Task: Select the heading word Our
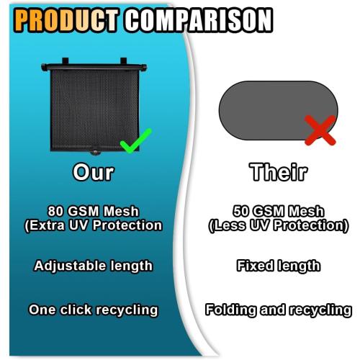point(93,173)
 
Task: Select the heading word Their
point(278,173)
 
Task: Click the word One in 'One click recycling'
point(42,310)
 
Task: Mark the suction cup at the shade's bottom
point(93,153)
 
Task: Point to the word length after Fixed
point(299,266)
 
